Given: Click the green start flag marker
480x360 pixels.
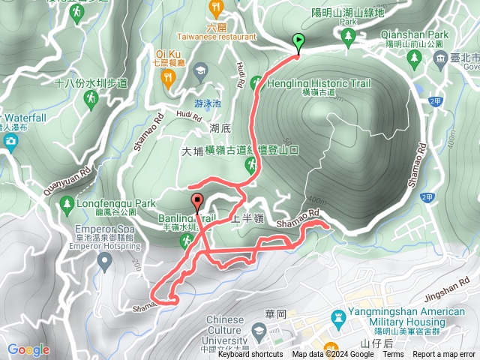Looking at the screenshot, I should pos(299,43).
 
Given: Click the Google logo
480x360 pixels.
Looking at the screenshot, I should pos(28,349).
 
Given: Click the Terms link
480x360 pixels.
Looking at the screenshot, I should pos(393,355).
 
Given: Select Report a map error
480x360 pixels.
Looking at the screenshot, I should pos(445,355).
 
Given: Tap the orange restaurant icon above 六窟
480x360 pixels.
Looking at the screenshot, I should pos(217,8).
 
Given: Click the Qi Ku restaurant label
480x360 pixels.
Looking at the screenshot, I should pos(168,53).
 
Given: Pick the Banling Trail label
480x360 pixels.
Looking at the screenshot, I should pos(187,219).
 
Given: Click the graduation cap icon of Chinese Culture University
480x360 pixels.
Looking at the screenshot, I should pos(258,331).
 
